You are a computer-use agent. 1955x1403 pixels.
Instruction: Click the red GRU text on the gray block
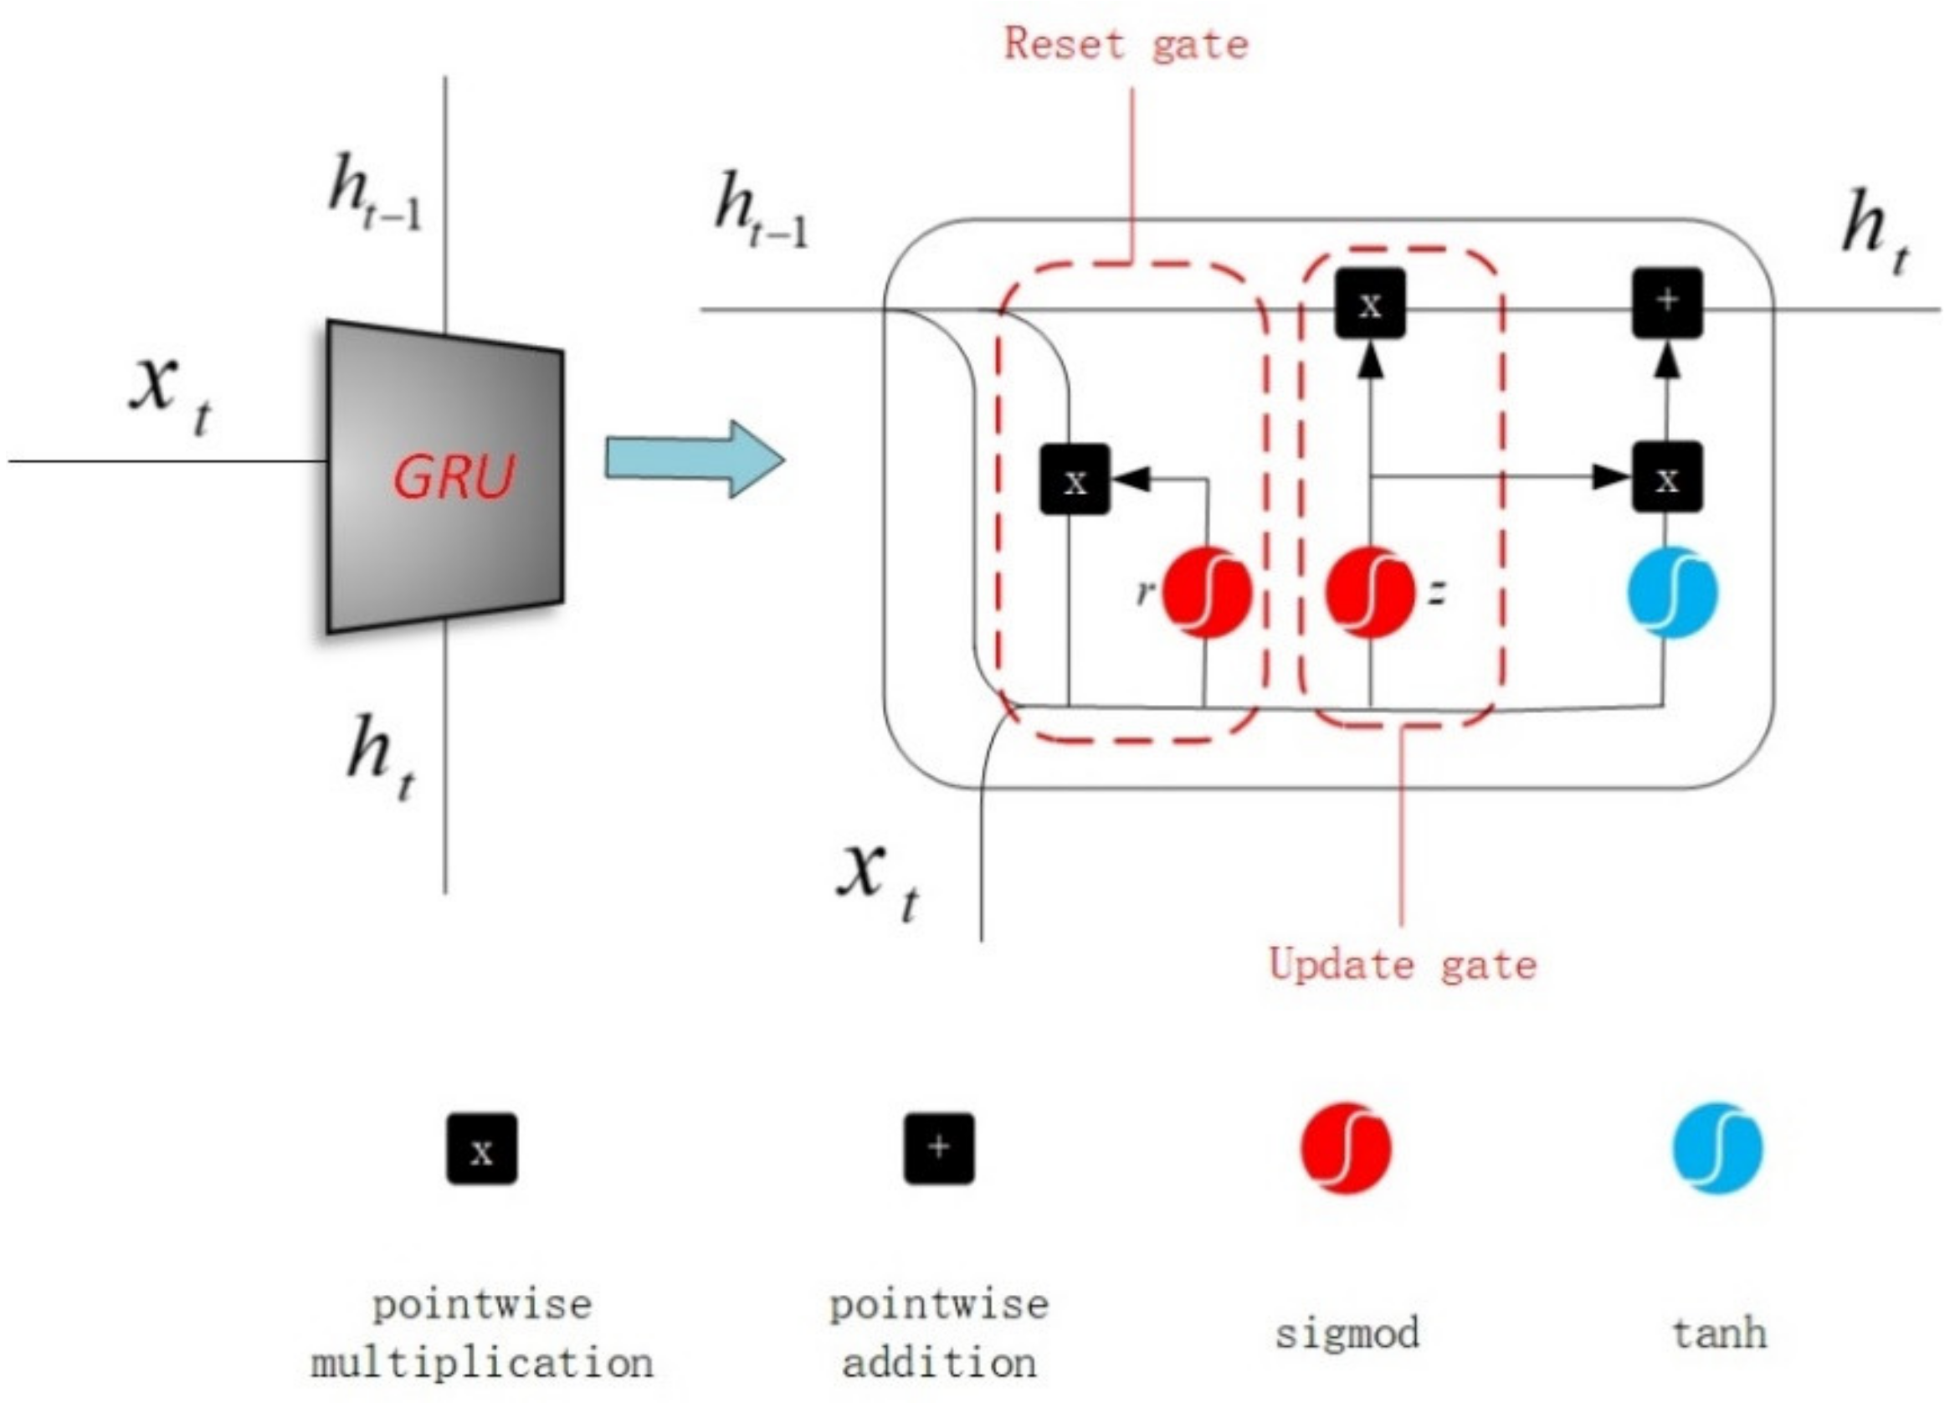coord(454,476)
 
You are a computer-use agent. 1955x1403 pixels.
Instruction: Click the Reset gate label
coord(1126,44)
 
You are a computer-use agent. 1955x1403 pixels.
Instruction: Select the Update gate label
coord(1403,964)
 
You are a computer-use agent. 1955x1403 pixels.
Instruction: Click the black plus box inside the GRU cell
coord(1667,302)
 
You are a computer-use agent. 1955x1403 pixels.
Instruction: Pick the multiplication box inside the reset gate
coord(1074,480)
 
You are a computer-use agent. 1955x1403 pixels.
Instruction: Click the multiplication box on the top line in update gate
coord(1370,304)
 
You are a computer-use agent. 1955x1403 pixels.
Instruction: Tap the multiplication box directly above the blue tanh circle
coord(1667,477)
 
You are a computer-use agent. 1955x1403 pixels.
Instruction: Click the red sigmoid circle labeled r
coord(1207,593)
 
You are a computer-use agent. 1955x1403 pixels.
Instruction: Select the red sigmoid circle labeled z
coord(1370,593)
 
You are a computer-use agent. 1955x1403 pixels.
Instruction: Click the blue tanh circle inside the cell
coord(1672,593)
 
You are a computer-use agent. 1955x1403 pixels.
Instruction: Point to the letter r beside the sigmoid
coord(1145,592)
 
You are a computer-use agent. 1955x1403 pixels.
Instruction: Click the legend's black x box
coord(482,1149)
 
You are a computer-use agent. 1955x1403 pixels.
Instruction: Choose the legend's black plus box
coord(939,1149)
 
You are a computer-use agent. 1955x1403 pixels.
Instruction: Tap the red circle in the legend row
coord(1346,1149)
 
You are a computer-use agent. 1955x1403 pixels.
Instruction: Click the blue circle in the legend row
coord(1718,1149)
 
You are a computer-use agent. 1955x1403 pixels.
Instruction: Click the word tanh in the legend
coord(1720,1334)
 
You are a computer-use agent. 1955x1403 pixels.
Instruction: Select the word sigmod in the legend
coord(1347,1334)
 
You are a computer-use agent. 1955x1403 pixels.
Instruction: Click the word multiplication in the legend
coord(482,1364)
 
